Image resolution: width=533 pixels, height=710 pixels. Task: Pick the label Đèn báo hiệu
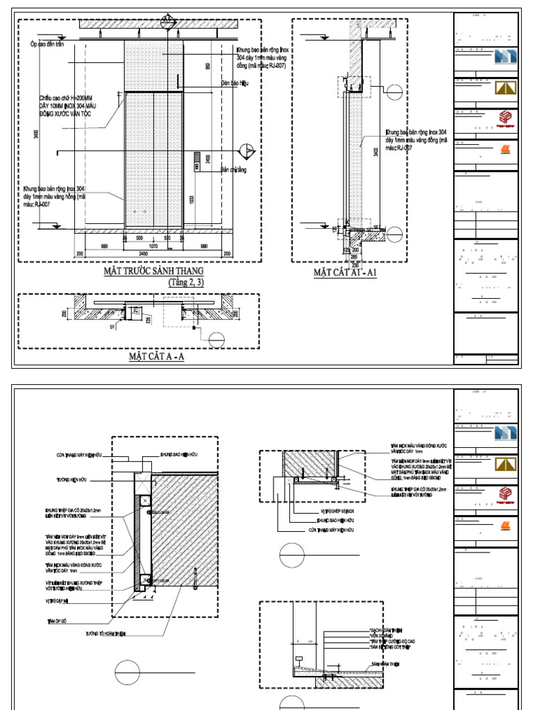click(235, 83)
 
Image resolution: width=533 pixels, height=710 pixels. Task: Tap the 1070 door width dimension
click(153, 245)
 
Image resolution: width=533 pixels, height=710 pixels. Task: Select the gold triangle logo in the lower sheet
click(507, 463)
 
